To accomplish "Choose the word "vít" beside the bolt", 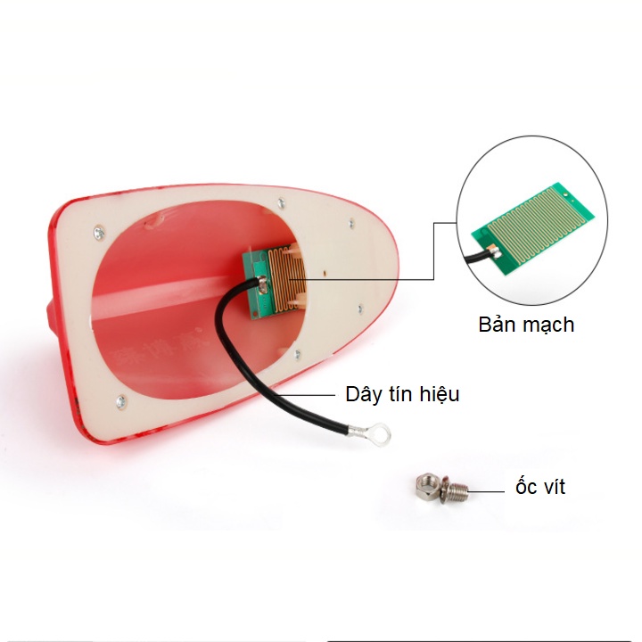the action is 552,487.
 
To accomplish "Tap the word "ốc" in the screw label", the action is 524,487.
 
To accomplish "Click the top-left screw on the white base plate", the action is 96,235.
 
